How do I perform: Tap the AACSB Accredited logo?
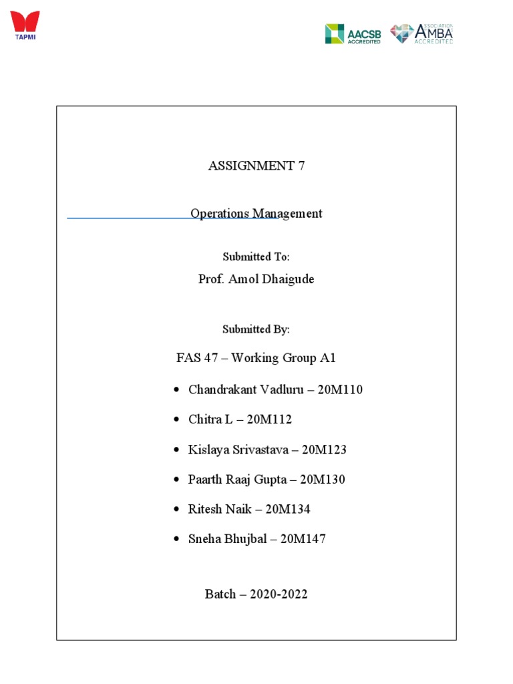pos(353,33)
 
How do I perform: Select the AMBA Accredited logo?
pos(421,33)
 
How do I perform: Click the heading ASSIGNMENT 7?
pos(256,166)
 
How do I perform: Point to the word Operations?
pos(219,214)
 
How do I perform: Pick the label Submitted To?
pos(256,257)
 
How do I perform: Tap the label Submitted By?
pos(256,329)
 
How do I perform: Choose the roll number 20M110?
pos(341,389)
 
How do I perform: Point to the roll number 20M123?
pos(324,450)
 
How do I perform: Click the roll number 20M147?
pos(303,539)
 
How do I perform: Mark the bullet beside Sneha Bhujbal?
pos(176,540)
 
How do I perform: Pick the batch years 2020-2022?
pos(279,594)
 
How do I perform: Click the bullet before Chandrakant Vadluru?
pos(176,390)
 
